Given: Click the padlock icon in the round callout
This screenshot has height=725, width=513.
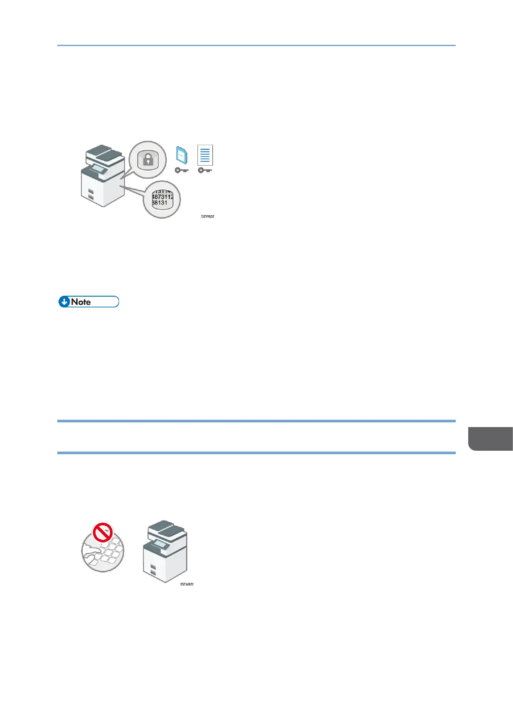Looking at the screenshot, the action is coord(148,160).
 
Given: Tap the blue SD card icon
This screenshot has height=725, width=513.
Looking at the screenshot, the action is coord(181,155).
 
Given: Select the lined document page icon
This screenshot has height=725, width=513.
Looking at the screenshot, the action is coord(205,155).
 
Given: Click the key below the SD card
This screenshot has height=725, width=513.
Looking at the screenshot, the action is coord(181,170).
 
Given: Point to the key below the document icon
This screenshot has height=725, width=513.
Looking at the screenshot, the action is coord(205,170).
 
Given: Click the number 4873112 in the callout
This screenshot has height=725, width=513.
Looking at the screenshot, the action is coord(162,197).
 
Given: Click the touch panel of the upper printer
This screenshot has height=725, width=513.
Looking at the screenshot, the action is coord(98,169).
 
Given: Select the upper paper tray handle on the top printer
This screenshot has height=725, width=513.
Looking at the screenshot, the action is coord(91,190).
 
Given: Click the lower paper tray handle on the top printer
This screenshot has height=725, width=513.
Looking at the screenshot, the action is coord(91,197).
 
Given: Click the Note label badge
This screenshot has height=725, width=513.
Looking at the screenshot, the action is coord(88,302).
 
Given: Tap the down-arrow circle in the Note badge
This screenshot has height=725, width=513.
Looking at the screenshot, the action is coord(64,302).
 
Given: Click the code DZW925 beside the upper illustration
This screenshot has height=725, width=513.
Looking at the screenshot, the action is coord(207,216).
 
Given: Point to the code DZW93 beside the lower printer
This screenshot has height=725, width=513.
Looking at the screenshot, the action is coord(187,584).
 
